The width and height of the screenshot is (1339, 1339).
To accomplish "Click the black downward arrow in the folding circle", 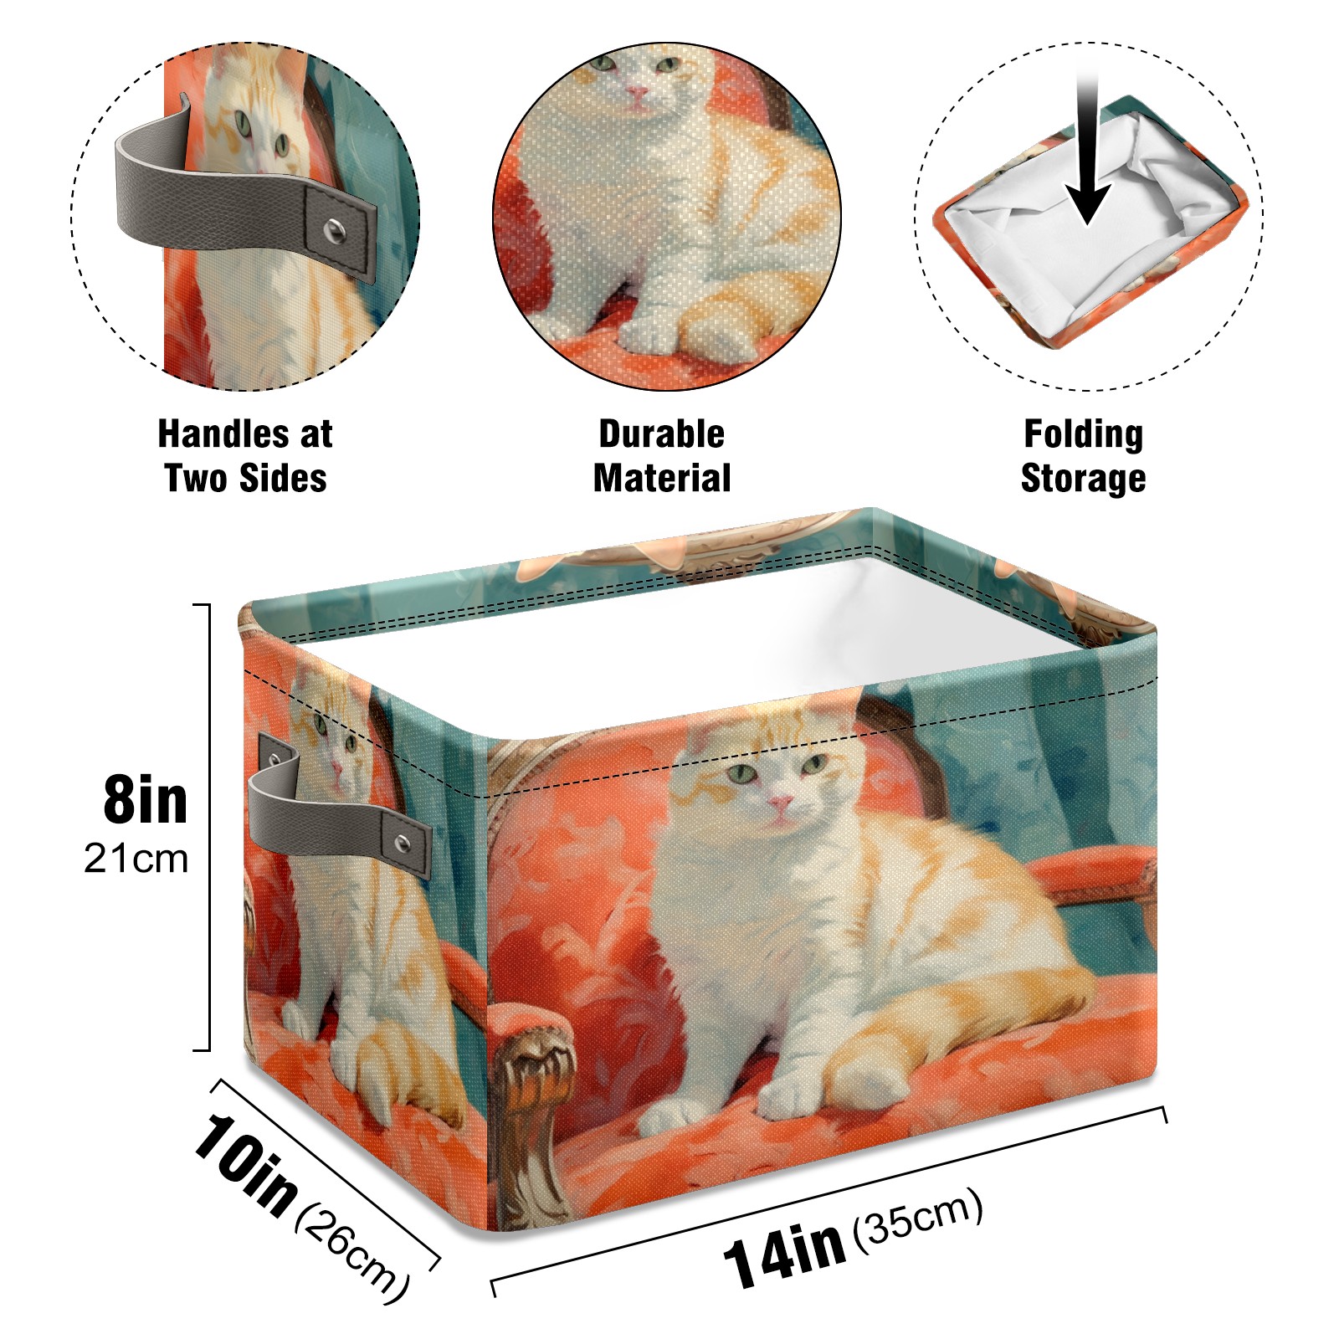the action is tap(1087, 151).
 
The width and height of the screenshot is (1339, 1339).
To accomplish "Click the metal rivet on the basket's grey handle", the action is tap(403, 844).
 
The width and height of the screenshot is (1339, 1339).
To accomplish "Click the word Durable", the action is tap(661, 434).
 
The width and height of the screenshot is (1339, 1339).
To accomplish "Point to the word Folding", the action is tap(1084, 434).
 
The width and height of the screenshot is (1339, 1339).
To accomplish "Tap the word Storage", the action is tap(1084, 479).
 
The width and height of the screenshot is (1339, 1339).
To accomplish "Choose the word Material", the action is tap(662, 478).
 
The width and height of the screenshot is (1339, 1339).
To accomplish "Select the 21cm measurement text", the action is tap(136, 859).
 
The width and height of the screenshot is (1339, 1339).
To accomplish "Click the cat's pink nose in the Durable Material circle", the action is tap(639, 93).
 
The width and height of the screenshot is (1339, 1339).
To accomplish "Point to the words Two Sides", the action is tap(245, 478).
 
